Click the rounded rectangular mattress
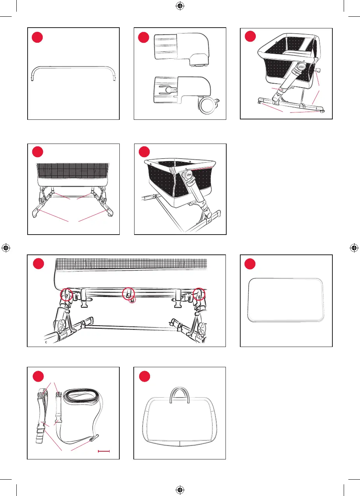(286, 300)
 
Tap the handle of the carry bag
(180, 394)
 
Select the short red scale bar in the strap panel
(104, 451)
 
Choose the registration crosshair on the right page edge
(354, 248)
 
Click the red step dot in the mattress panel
(250, 264)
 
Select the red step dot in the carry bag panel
(144, 376)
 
